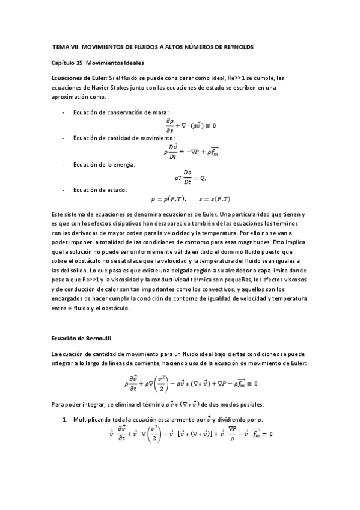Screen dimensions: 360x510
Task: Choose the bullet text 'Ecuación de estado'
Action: [100, 190]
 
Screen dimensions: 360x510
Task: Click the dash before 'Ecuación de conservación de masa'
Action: [64, 112]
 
